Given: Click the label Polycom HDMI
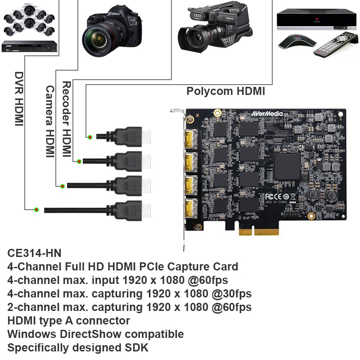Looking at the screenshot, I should (x=225, y=92).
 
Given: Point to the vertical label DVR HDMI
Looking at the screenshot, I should (x=19, y=99).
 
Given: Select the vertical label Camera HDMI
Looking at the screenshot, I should (x=49, y=121).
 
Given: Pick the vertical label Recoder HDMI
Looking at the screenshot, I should (x=67, y=119).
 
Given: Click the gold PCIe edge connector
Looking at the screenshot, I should (x=259, y=230).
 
